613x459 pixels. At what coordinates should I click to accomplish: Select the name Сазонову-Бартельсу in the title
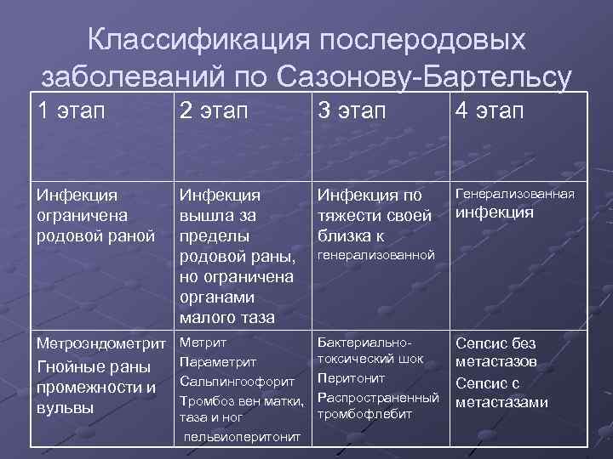[423, 77]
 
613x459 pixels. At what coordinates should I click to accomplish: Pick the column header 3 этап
[352, 111]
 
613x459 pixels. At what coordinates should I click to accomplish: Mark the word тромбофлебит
[364, 414]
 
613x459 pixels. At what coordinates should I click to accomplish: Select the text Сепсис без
[496, 343]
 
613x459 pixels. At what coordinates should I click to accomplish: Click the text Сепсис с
[488, 383]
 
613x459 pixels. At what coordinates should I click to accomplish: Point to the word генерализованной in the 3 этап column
[375, 254]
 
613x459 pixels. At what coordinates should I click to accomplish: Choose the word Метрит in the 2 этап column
[203, 343]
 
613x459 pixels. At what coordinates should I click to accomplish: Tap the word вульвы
[62, 407]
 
